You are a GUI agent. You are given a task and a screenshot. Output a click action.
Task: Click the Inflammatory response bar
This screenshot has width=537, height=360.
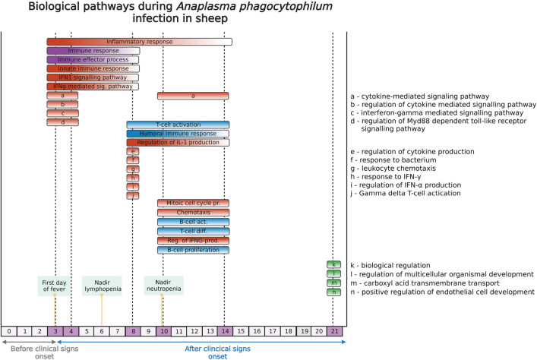pyautogui.click(x=139, y=42)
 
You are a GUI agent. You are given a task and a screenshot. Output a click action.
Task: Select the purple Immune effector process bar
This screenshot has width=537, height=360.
pyautogui.click(x=93, y=59)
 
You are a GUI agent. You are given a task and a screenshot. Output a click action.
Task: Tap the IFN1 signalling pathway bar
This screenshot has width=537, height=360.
pyautogui.click(x=93, y=77)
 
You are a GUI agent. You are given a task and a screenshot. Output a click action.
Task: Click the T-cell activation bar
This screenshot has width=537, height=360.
pyautogui.click(x=178, y=125)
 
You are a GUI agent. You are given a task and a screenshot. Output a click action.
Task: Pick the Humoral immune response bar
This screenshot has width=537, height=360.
pyautogui.click(x=178, y=134)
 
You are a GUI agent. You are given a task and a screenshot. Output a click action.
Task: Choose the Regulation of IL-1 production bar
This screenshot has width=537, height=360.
pyautogui.click(x=178, y=143)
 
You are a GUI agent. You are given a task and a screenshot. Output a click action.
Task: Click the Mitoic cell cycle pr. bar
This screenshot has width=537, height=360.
pyautogui.click(x=193, y=204)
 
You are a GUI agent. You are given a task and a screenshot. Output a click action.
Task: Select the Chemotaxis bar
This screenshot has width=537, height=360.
pyautogui.click(x=193, y=213)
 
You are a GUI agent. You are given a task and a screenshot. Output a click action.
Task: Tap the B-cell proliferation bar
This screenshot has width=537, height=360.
pyautogui.click(x=193, y=250)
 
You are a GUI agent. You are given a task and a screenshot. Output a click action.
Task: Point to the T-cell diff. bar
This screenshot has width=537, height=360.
pyautogui.click(x=193, y=231)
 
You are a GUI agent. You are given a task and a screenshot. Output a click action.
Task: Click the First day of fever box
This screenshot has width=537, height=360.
pyautogui.click(x=55, y=286)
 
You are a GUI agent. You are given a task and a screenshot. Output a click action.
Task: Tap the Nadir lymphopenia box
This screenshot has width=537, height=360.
pyautogui.click(x=101, y=286)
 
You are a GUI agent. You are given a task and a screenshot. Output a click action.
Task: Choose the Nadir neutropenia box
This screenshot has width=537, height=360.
pyautogui.click(x=163, y=286)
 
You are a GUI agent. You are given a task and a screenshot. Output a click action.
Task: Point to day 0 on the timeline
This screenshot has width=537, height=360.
pyautogui.click(x=8, y=331)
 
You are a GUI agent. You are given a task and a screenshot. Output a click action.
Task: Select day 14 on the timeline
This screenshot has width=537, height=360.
pyautogui.click(x=225, y=331)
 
